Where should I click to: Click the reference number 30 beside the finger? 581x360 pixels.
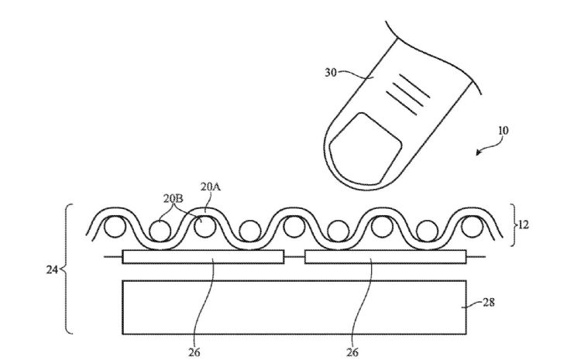click(331, 73)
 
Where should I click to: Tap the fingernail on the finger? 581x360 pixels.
click(366, 150)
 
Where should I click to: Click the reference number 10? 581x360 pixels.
click(503, 131)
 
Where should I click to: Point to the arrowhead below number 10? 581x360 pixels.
click(479, 152)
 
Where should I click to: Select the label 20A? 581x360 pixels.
click(211, 187)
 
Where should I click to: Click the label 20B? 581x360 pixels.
click(173, 198)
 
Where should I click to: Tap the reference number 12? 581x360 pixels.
click(523, 225)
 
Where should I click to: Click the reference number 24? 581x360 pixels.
click(52, 270)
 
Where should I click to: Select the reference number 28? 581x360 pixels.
click(489, 303)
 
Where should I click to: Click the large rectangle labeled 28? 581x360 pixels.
click(294, 307)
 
